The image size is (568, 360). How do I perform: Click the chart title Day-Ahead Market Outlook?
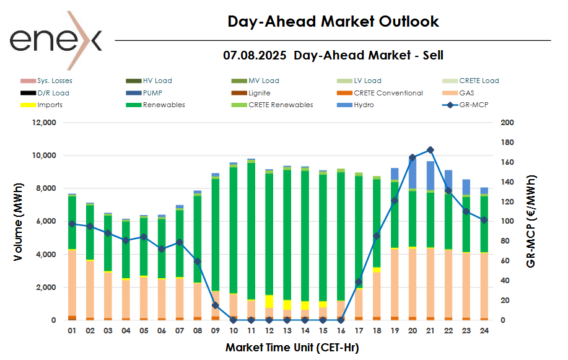333,22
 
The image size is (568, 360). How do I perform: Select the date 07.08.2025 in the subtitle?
255,55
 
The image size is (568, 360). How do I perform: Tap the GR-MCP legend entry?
465,105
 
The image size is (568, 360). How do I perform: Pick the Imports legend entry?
50,105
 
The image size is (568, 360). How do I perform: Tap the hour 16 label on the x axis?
341,331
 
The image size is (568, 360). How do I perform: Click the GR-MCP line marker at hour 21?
430,150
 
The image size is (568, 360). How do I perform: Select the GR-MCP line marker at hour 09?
216,305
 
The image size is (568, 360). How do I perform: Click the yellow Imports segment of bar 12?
269,301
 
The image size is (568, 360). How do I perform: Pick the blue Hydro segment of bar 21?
430,176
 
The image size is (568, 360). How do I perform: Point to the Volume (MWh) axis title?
19,221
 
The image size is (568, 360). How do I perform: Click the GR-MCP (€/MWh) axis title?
530,221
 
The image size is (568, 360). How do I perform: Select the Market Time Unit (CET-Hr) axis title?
292,348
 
